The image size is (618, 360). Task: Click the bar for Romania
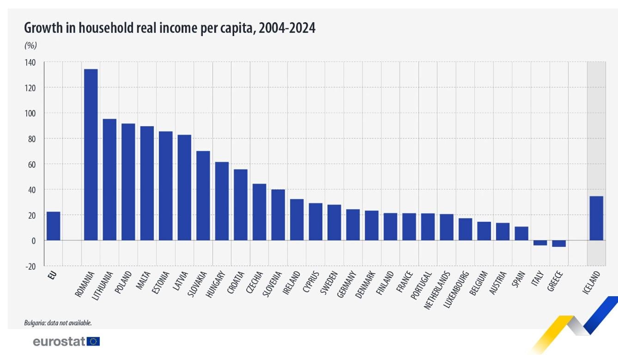pos(91,154)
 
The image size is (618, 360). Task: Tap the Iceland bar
pos(596,218)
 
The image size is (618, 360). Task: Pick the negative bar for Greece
pos(559,244)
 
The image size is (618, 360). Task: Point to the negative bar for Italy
pos(540,243)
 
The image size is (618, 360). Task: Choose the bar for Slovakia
pos(203,195)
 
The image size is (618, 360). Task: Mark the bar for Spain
pos(521,233)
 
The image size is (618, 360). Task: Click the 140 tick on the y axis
pos(30,62)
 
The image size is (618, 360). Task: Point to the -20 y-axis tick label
pos(30,266)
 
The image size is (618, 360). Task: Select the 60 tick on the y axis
pos(32,164)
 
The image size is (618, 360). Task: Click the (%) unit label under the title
pos(30,45)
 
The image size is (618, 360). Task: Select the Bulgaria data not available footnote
pos(58,323)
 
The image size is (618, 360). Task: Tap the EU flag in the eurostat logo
pos(93,342)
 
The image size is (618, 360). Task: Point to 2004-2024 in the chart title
pos(287,29)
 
